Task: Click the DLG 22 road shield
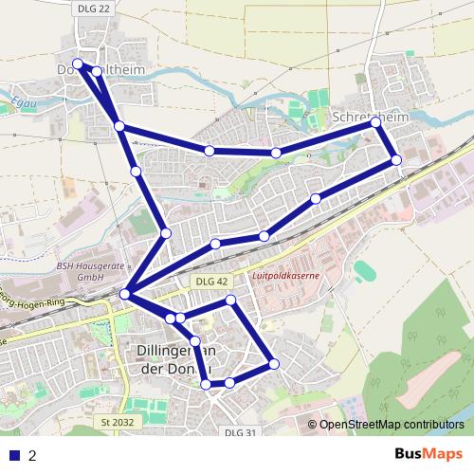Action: (x=85, y=7)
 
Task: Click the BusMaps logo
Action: (x=424, y=453)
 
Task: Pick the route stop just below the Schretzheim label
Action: (x=376, y=123)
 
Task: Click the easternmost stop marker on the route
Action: (x=396, y=159)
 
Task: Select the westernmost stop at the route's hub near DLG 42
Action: (x=125, y=295)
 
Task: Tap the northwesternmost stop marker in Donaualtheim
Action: (x=78, y=64)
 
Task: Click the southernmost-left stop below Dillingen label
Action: (x=207, y=383)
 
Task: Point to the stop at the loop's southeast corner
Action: (x=274, y=363)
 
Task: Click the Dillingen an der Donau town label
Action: (x=172, y=361)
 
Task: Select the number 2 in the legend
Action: (x=33, y=455)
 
